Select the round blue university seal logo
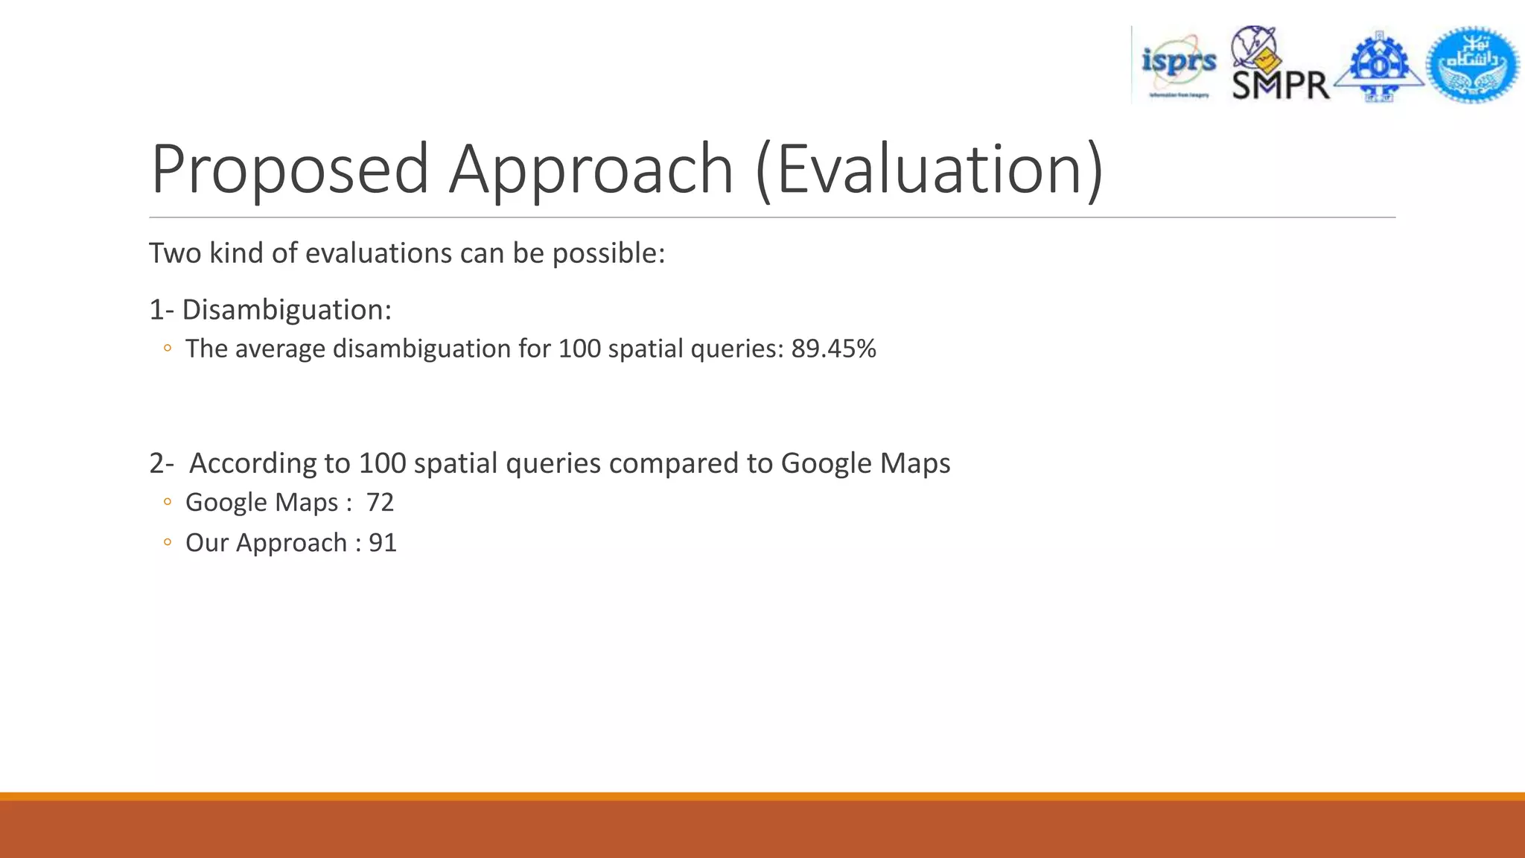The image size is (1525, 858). (1472, 66)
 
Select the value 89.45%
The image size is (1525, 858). (833, 349)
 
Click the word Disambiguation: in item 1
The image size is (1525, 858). (287, 310)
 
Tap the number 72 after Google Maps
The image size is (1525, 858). (380, 503)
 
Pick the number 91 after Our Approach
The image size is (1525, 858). (383, 543)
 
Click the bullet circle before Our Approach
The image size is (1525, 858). (168, 543)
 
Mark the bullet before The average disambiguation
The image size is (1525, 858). (168, 349)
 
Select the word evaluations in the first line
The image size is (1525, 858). (379, 254)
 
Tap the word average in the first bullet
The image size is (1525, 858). (280, 349)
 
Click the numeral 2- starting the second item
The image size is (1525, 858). (162, 463)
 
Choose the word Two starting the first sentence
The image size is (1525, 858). (175, 254)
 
